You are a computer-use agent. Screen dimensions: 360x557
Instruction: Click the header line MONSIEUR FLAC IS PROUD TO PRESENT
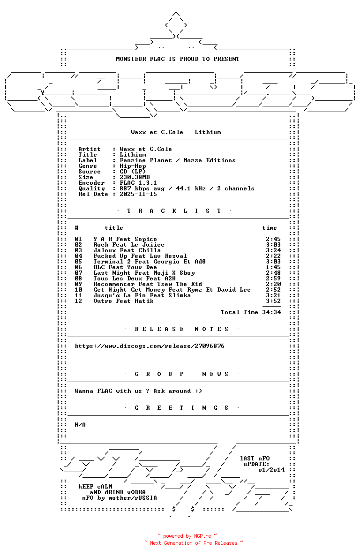click(x=178, y=59)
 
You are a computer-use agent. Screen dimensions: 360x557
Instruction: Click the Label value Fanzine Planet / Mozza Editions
click(x=178, y=160)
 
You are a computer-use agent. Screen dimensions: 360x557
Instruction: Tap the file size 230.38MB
click(x=135, y=177)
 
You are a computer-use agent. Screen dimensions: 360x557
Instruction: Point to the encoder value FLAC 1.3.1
click(x=138, y=183)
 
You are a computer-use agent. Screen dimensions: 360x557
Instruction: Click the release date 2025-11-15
click(x=138, y=194)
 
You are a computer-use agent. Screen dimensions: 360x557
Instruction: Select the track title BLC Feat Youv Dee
click(x=125, y=268)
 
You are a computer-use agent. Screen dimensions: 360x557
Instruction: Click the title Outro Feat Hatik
click(x=124, y=301)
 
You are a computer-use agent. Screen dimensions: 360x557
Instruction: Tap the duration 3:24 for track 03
click(x=273, y=250)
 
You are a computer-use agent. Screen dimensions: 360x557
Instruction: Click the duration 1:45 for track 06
click(x=273, y=268)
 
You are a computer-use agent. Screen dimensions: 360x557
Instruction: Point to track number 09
click(x=78, y=284)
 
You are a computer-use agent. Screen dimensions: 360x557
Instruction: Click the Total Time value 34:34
click(x=271, y=312)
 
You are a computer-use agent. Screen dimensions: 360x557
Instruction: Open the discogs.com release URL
click(x=150, y=346)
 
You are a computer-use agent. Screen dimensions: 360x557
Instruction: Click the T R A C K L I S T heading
click(x=174, y=211)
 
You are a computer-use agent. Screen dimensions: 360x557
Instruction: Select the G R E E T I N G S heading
click(x=181, y=408)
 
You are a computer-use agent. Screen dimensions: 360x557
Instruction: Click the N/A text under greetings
click(x=80, y=425)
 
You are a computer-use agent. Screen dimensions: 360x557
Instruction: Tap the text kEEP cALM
click(x=95, y=487)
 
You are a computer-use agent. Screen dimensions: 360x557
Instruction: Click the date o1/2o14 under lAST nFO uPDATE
click(x=271, y=470)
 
